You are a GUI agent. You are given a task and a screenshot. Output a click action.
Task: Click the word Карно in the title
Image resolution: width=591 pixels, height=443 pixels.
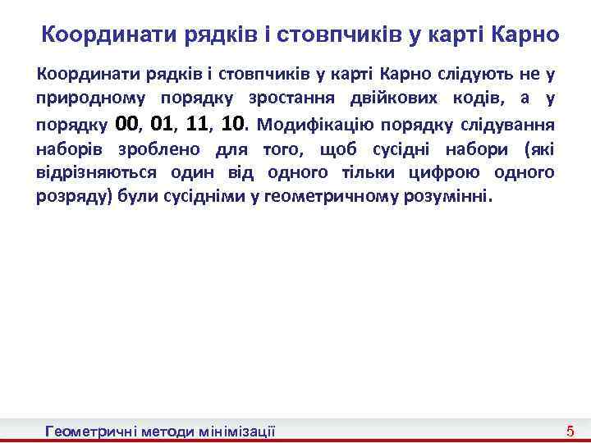tap(525, 35)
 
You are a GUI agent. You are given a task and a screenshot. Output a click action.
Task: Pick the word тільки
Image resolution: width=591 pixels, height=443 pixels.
tap(383, 173)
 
